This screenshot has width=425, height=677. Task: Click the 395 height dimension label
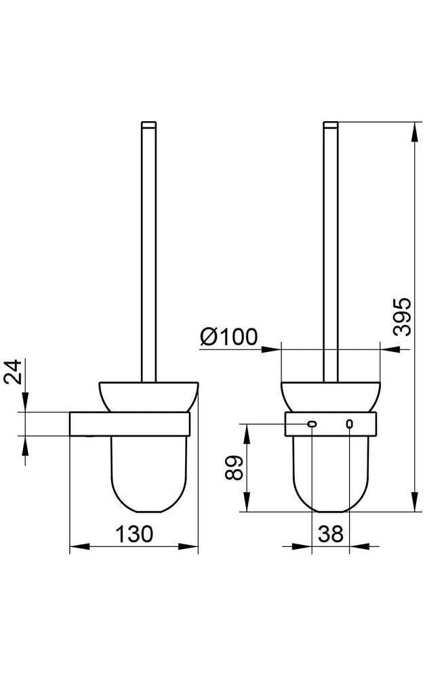point(402,316)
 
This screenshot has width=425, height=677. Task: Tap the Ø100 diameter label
point(228,336)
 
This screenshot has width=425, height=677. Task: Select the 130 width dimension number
point(134,533)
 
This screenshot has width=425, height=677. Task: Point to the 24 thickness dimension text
point(13,371)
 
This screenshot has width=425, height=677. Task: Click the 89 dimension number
point(235,468)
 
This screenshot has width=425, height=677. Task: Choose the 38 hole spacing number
point(331,534)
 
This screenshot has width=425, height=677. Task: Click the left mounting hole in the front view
point(312,424)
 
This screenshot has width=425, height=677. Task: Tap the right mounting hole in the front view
point(349,424)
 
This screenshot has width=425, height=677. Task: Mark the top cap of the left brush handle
point(148,125)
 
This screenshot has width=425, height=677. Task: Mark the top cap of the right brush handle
point(331,125)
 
